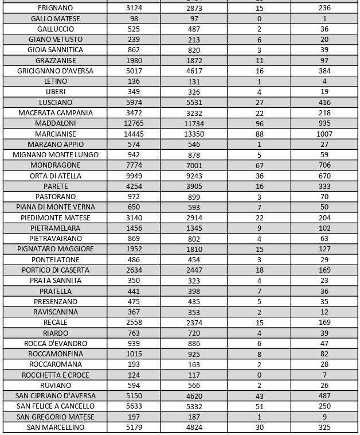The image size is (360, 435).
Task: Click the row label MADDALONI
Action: tap(55, 123)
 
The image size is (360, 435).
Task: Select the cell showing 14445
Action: tap(134, 134)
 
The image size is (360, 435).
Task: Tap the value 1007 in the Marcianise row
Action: tap(324, 134)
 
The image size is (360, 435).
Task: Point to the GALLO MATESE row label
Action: tap(55, 19)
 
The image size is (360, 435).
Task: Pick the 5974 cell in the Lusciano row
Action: tap(134, 102)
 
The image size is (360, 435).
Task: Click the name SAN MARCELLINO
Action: tap(55, 428)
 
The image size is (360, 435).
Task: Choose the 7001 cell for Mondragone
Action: tap(194, 165)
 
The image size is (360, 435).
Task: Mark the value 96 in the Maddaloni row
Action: tap(259, 123)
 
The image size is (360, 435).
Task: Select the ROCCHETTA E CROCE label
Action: tap(55, 375)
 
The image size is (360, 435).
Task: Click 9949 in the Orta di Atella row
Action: tap(134, 176)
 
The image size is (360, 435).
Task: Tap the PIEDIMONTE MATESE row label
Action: tap(55, 218)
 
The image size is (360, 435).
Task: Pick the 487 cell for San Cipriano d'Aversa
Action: tap(324, 396)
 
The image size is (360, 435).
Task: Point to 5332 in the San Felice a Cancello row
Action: tap(194, 406)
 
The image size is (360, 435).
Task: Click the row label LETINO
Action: tap(55, 81)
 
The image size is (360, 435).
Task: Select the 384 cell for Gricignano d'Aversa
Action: tap(324, 71)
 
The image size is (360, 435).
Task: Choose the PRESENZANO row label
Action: tap(55, 302)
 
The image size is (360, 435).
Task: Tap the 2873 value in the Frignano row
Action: tap(194, 8)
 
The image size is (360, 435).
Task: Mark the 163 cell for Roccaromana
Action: tap(194, 364)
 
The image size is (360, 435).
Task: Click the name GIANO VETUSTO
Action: tap(55, 40)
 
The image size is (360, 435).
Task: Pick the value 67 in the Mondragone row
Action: tap(259, 165)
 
